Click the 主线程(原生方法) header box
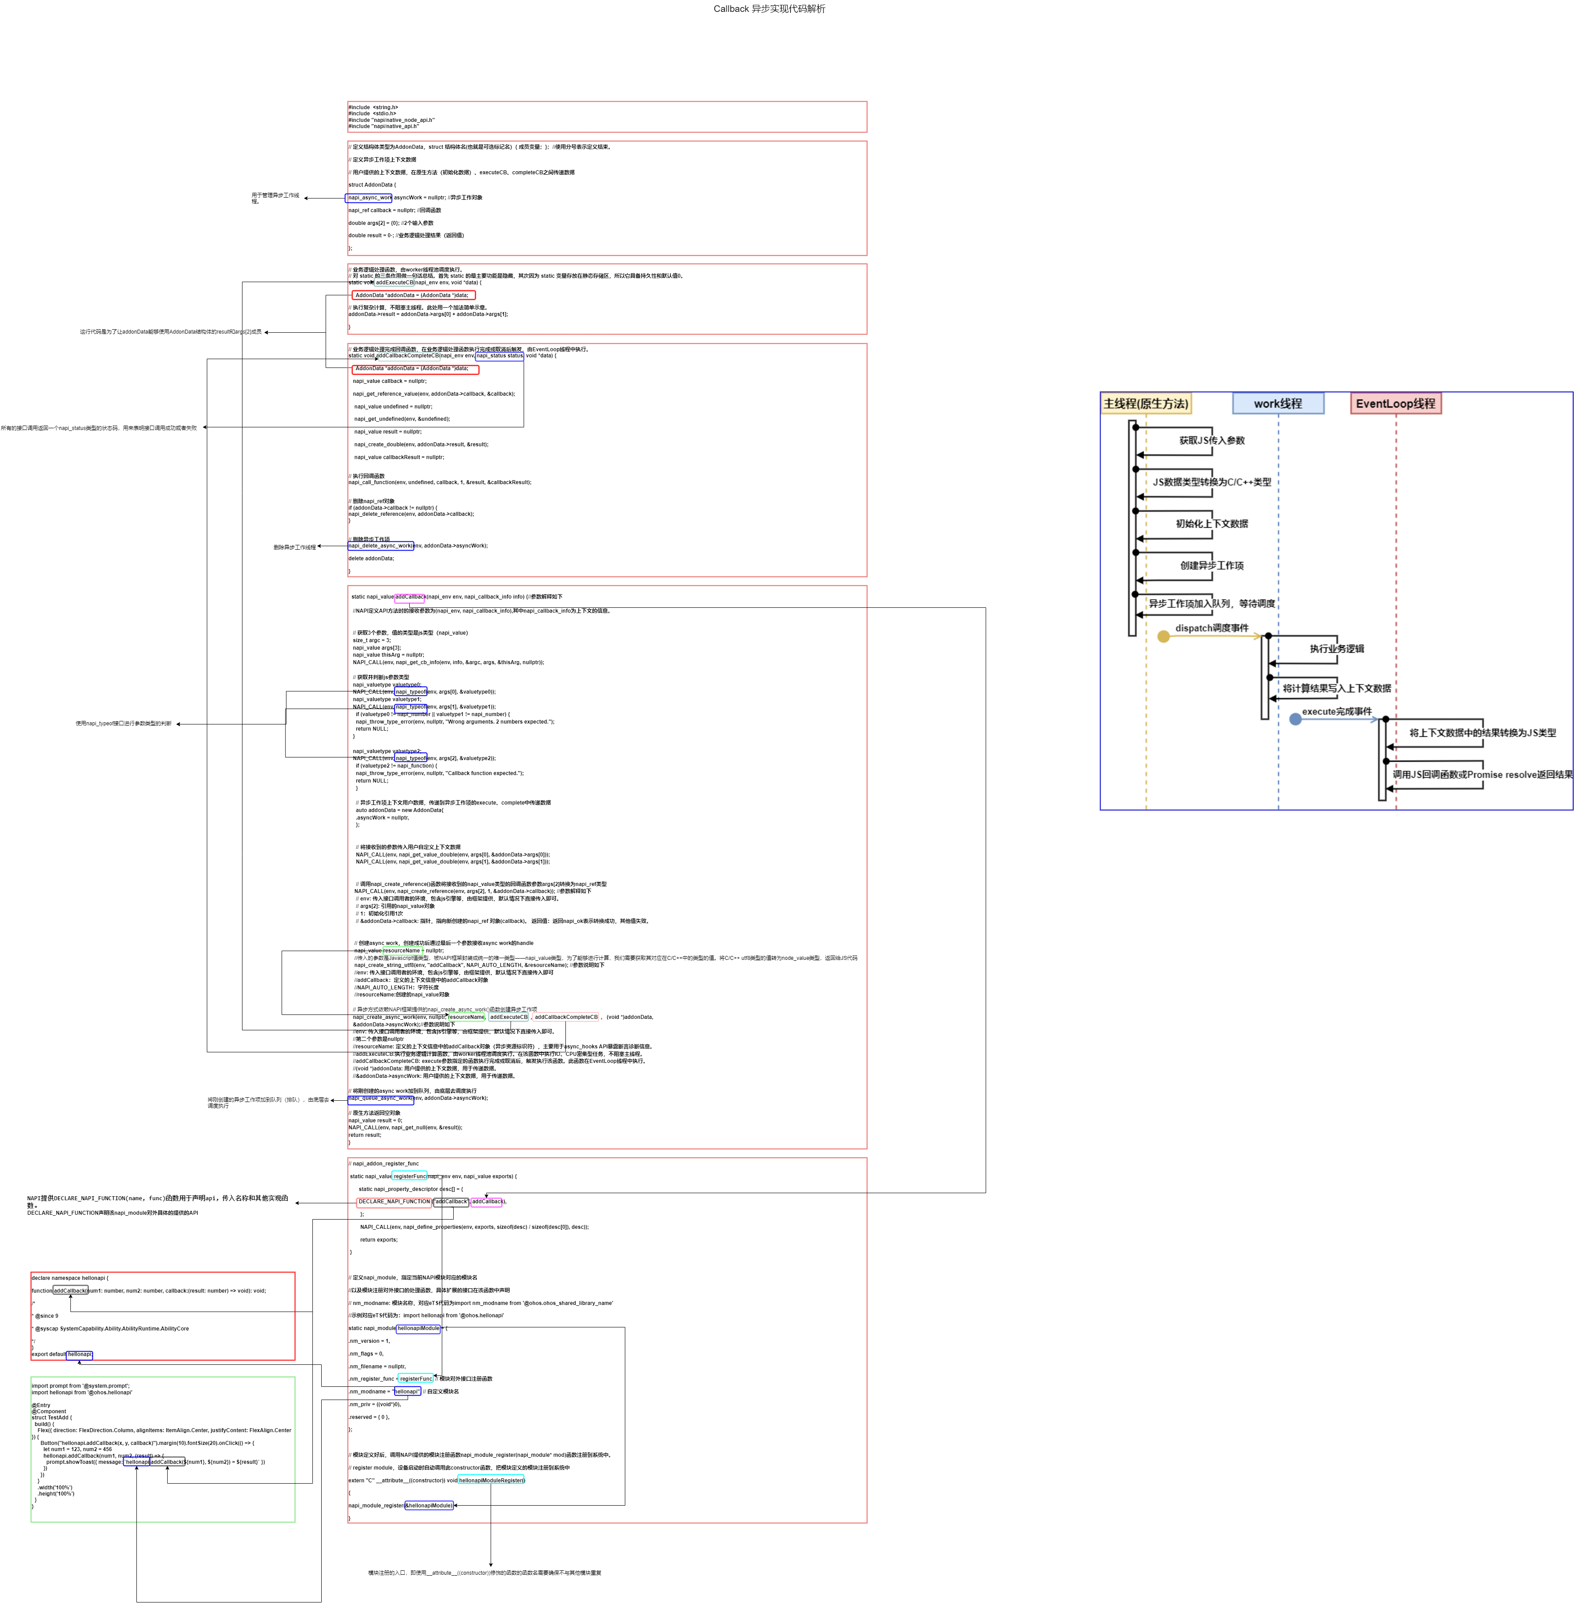click(x=1146, y=404)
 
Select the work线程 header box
click(x=1277, y=404)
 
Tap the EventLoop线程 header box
click(x=1395, y=404)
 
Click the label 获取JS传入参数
click(x=1212, y=441)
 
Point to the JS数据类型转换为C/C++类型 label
click(x=1212, y=482)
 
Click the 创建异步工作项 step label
click(x=1212, y=566)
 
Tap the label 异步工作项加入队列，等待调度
click(x=1212, y=604)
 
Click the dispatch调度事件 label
click(x=1212, y=628)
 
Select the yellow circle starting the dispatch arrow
click(x=1164, y=637)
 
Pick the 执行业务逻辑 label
click(x=1337, y=649)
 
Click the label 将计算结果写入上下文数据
click(x=1337, y=689)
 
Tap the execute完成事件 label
click(x=1337, y=712)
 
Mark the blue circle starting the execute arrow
click(x=1295, y=720)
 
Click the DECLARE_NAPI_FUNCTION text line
click(x=124, y=1198)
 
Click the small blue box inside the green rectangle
click(x=136, y=1461)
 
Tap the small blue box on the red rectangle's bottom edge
click(x=79, y=1356)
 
